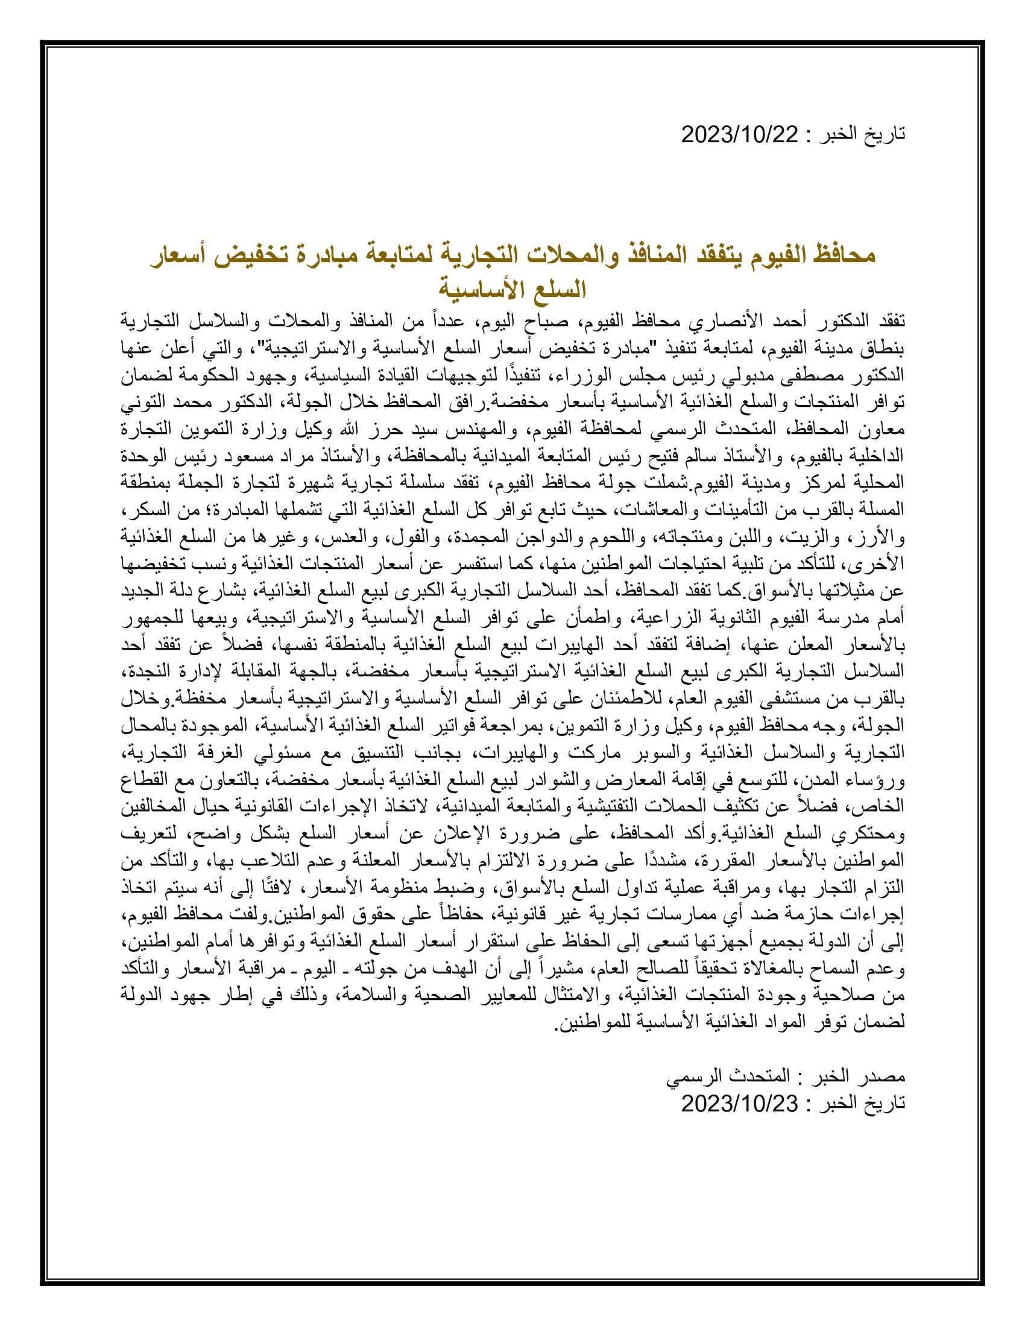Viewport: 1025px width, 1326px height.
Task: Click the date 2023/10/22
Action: click(739, 134)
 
